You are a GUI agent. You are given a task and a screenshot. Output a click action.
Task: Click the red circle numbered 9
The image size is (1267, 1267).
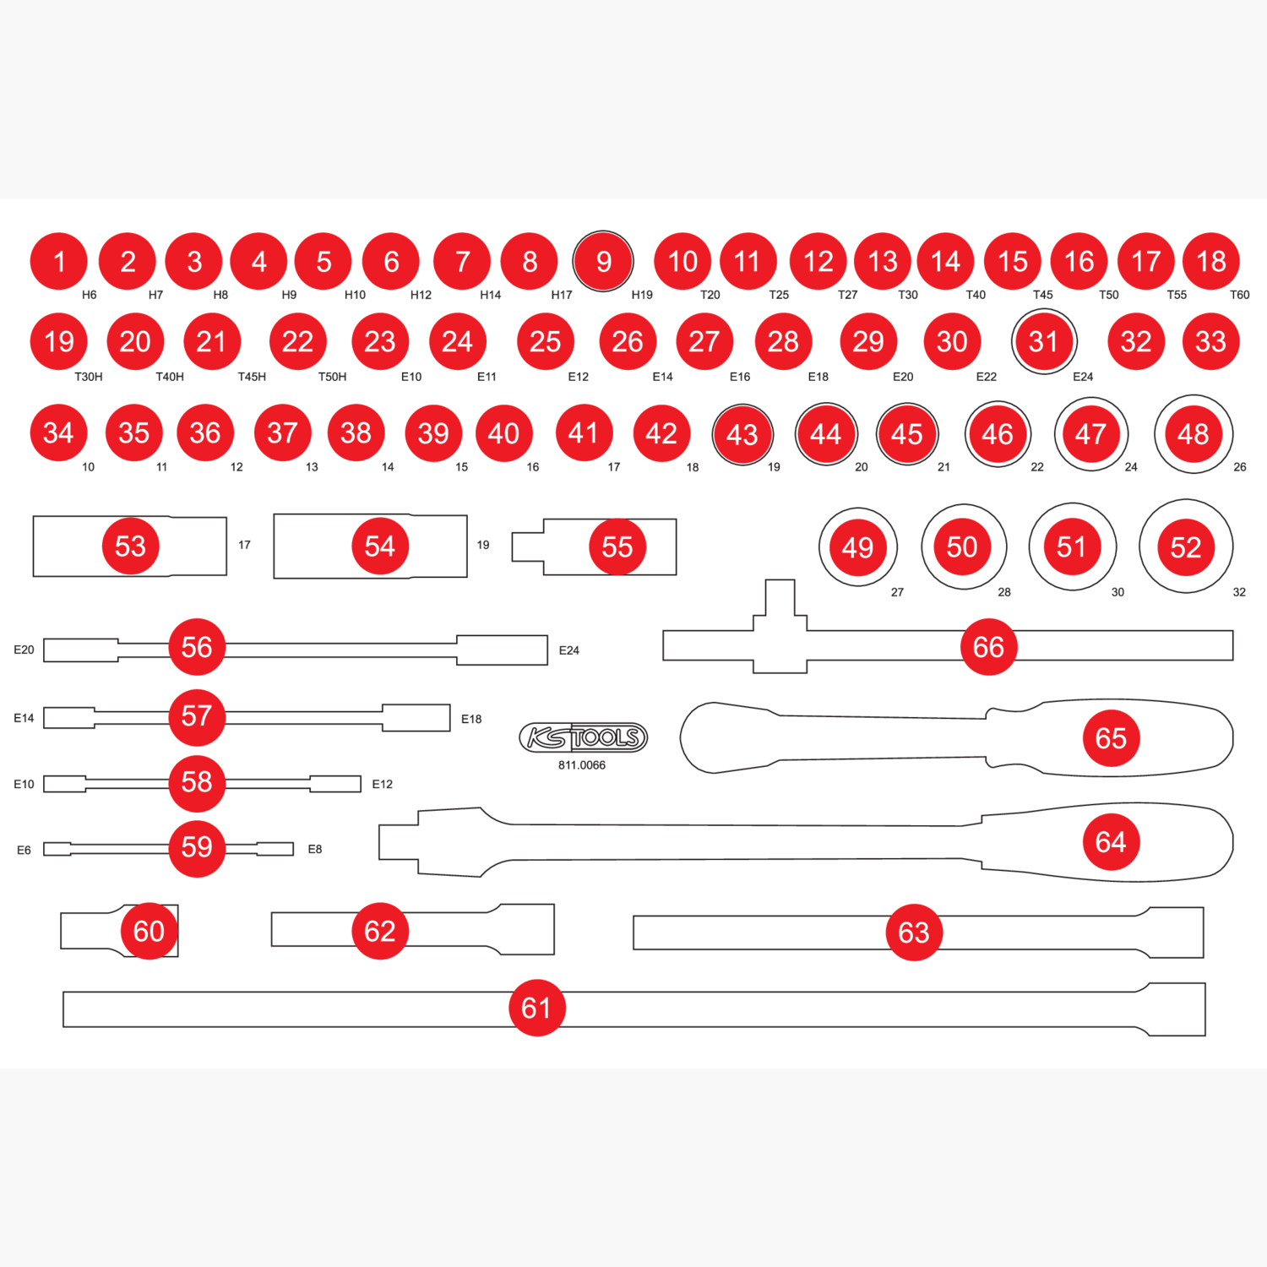coord(603,261)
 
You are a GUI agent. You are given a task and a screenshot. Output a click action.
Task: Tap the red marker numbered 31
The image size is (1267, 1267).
coord(1044,341)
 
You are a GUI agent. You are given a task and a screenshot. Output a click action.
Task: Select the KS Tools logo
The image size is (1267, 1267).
coord(583,737)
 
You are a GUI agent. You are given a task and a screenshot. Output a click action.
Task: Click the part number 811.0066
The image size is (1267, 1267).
coord(582,765)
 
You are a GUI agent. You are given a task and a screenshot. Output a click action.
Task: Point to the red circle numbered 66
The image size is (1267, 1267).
coord(988,647)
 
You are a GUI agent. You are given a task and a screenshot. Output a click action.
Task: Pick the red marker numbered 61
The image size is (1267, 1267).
coord(536,1008)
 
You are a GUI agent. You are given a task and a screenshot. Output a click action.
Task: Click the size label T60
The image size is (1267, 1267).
coord(1239,295)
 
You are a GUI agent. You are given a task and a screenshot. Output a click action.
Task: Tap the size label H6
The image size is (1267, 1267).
coord(90,295)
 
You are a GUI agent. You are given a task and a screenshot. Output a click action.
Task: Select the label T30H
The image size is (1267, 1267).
coord(89,377)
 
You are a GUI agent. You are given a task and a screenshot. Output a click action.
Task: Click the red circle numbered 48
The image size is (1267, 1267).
coord(1194,434)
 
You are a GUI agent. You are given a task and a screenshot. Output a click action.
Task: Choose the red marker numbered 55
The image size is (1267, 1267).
coord(617,546)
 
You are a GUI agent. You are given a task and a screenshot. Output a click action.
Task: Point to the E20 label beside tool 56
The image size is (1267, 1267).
coord(24,650)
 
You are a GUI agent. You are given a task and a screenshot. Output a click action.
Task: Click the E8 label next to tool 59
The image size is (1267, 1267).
coord(315,849)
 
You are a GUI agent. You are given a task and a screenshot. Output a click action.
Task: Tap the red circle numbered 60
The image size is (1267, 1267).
coord(149,931)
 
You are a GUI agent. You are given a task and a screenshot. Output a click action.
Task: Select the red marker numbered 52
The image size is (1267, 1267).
coord(1186,547)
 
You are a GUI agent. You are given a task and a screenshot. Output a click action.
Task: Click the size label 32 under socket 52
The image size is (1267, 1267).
coord(1239,592)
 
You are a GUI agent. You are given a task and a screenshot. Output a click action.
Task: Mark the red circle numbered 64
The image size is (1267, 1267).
coord(1111,841)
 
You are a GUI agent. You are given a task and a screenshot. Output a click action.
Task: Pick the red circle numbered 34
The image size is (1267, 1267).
coord(58,432)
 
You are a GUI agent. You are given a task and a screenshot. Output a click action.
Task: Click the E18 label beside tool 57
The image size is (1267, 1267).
coord(471,719)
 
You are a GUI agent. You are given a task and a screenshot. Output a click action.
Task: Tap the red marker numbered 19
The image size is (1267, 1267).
coord(58,341)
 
